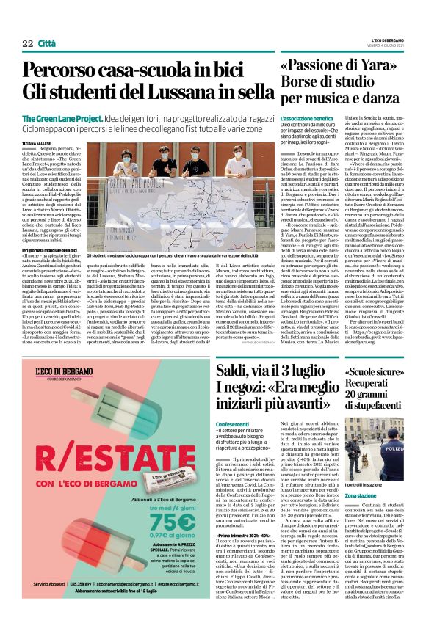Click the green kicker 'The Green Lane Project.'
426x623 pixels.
pyautogui.click(x=61, y=119)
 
